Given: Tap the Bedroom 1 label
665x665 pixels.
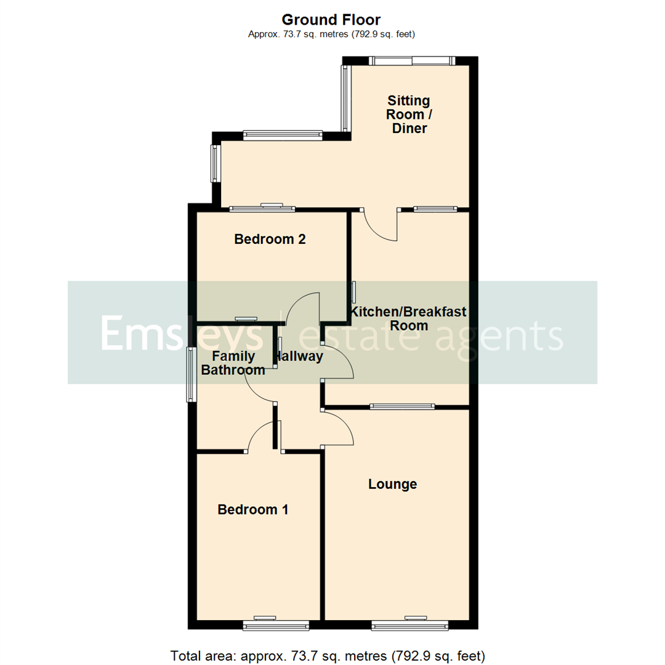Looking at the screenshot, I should pos(253,510).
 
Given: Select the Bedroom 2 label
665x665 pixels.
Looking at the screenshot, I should pos(270,239).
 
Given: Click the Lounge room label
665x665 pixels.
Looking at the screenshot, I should pos(392,485).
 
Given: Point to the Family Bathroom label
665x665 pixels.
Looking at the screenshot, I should pos(233,363).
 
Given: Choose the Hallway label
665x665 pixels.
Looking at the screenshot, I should pos(300,357).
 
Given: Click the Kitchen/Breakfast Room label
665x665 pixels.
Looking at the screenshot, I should pos(409,319).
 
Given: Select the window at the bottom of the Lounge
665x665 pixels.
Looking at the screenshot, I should pos(409,626).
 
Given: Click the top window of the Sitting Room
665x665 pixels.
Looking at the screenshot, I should pos(411,60).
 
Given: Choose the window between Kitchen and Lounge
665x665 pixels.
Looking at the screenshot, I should pos(403,406).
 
